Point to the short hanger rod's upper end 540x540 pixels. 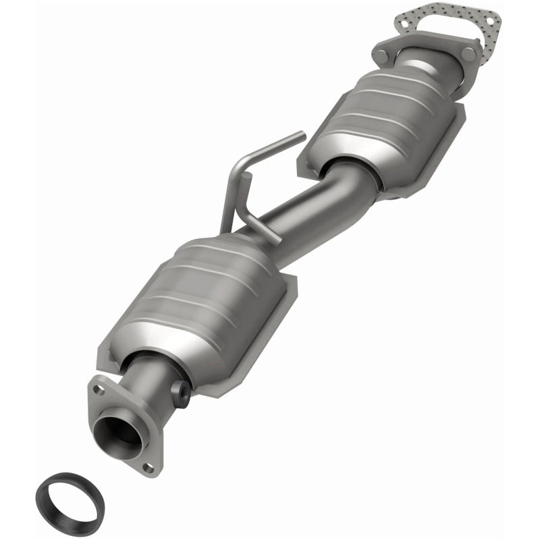(x=246, y=177)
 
